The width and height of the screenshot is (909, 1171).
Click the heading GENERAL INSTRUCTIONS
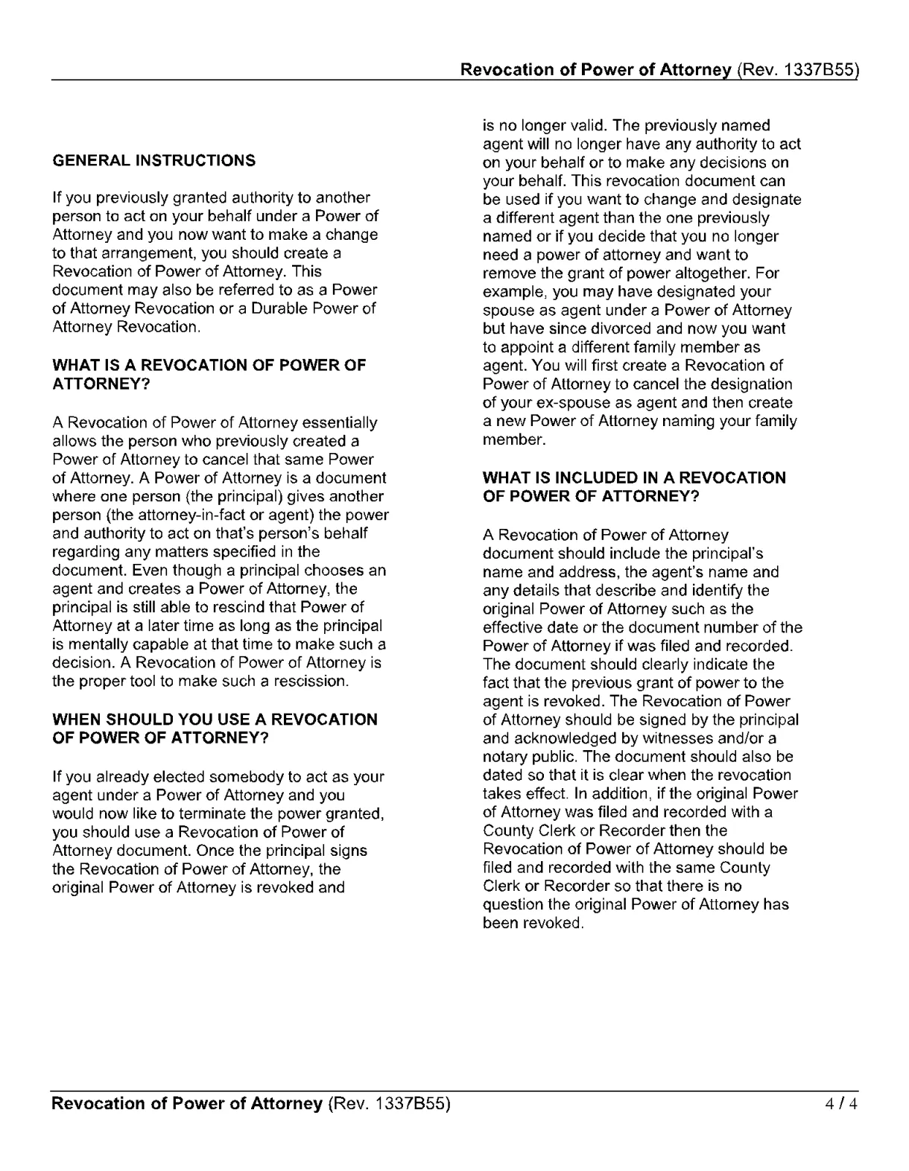tap(153, 161)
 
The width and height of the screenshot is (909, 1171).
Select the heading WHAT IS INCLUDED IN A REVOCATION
tap(634, 477)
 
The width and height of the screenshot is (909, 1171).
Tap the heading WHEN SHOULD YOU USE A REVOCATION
tap(215, 720)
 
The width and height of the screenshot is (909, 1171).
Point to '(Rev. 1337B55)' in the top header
tap(797, 70)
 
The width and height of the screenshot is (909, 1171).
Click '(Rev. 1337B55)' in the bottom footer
tap(389, 1103)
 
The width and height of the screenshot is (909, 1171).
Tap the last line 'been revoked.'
tap(533, 923)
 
